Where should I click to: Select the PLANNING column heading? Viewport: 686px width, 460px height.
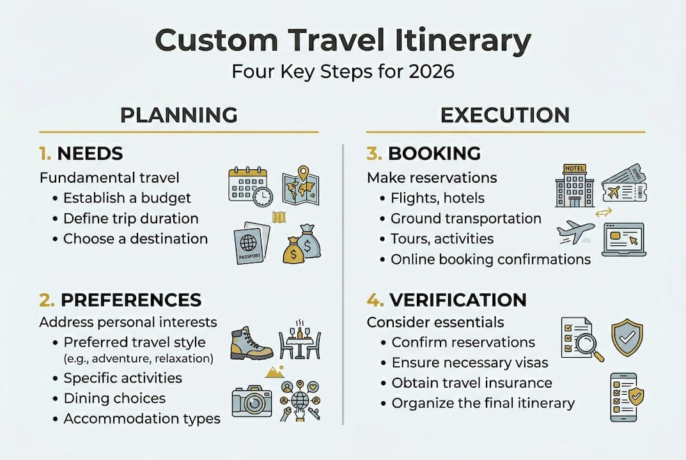179,115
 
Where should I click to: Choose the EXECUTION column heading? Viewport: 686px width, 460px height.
505,115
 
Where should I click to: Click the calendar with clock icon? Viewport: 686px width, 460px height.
250,186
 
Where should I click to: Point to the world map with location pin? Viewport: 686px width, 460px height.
300,186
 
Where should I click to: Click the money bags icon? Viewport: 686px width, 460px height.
302,244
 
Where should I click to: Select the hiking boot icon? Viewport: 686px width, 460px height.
251,343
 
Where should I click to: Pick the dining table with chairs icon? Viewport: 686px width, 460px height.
300,340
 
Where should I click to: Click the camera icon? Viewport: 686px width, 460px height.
252,401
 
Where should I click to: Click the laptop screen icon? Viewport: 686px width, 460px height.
624,238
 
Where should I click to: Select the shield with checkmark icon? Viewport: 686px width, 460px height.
627,337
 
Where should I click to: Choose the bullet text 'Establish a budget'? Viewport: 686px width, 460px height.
127,198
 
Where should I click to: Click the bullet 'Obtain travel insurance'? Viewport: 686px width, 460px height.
472,383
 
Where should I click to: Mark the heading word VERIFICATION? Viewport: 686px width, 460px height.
457,300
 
